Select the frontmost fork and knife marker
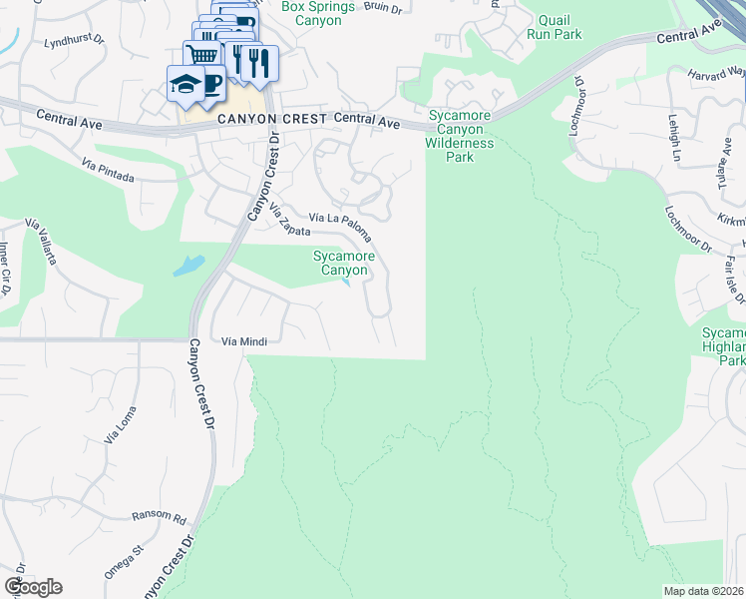coord(258,62)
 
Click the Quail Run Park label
coord(559,27)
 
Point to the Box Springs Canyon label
coord(319,13)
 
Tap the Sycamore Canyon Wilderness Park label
coord(460,136)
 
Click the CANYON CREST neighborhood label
coord(272,119)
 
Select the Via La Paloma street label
coord(341,226)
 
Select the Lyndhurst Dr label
coord(75,45)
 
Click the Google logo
coord(33,587)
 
